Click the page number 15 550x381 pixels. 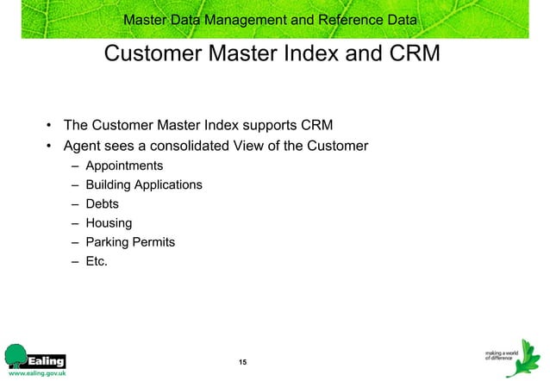click(242, 360)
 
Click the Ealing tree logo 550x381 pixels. click(16, 355)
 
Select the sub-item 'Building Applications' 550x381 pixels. click(144, 184)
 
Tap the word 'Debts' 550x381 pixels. click(103, 204)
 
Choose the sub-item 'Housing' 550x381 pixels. click(109, 223)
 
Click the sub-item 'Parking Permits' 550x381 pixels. click(130, 242)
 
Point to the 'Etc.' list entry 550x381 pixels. click(97, 261)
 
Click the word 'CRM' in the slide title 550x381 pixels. click(409, 54)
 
